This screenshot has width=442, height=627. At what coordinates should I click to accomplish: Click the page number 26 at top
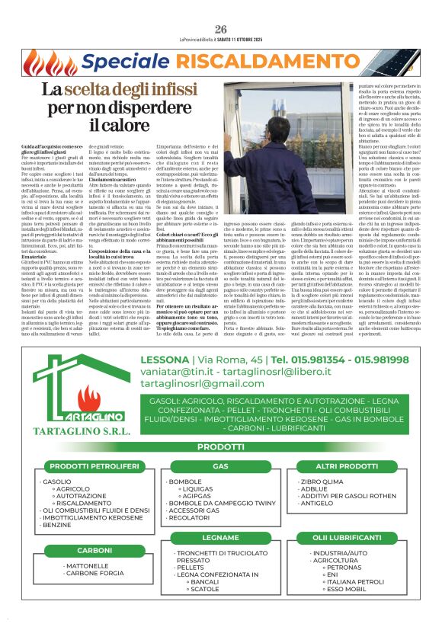pos(220,8)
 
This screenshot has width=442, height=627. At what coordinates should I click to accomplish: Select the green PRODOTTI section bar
pos(220,446)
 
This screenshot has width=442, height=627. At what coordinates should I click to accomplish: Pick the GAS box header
pos(220,465)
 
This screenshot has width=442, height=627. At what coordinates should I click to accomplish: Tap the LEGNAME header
pos(220,538)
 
